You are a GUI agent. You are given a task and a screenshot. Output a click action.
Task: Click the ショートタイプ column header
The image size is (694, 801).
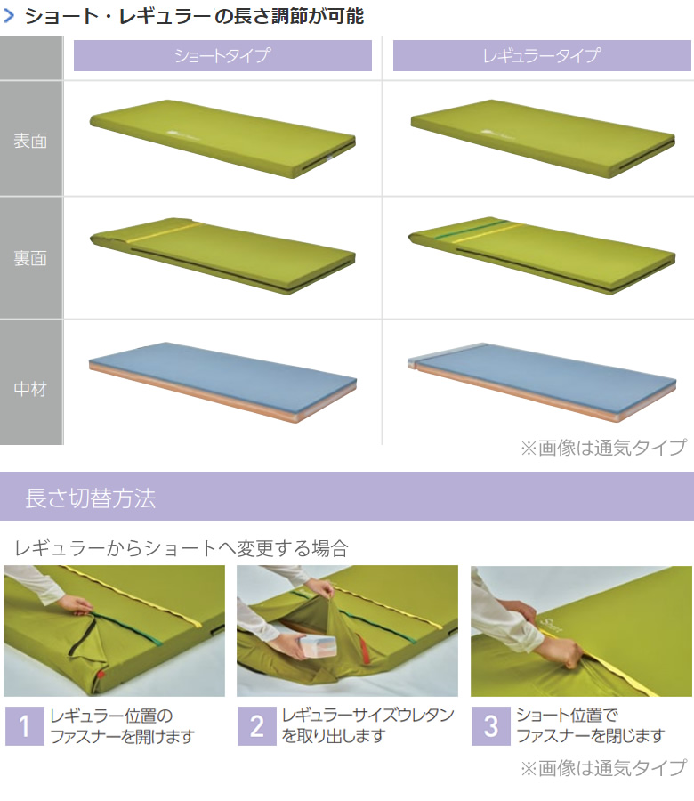tap(222, 55)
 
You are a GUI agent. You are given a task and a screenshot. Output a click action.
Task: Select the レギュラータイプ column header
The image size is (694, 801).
tap(542, 55)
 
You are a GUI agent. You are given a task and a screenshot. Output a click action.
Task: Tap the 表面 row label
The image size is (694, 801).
tap(30, 141)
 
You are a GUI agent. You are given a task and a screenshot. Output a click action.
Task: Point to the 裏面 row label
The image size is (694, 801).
tap(30, 258)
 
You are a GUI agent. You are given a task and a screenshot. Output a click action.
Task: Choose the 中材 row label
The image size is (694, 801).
tap(30, 389)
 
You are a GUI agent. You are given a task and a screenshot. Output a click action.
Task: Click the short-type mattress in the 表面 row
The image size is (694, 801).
tap(222, 139)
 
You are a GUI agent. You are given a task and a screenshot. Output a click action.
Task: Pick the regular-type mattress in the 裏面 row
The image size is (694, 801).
tap(542, 255)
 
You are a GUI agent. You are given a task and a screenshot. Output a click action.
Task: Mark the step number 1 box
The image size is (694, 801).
tap(25, 726)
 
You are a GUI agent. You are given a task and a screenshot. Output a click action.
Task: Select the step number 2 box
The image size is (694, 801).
tap(257, 726)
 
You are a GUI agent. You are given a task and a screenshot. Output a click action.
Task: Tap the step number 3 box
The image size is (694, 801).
tap(491, 726)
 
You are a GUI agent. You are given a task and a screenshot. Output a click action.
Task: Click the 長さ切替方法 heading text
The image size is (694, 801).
tap(91, 498)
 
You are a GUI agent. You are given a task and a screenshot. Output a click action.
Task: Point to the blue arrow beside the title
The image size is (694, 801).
tap(9, 16)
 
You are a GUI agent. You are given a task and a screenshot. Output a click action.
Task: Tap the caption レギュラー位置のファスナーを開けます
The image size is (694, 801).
tap(122, 726)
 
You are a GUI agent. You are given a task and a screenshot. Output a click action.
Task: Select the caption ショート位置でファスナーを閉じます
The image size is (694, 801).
tap(590, 725)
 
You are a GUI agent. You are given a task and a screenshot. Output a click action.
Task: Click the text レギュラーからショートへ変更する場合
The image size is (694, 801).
tap(182, 548)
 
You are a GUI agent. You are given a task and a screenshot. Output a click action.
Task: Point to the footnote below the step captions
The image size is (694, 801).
tap(603, 768)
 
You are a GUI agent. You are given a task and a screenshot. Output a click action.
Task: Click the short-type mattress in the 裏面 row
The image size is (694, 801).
tap(222, 255)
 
